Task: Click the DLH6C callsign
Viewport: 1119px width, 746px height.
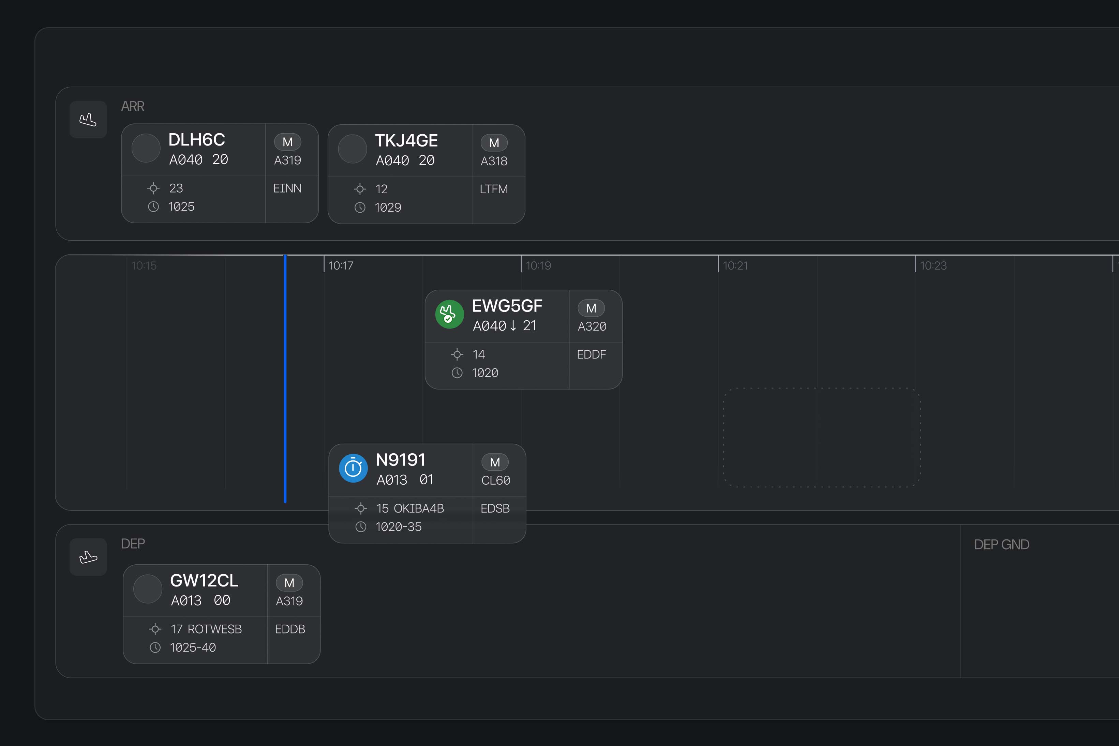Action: [x=197, y=140]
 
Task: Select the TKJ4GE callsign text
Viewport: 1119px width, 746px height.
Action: [x=406, y=141]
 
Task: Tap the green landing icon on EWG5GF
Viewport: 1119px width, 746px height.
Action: [x=449, y=314]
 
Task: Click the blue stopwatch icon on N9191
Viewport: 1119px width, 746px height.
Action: [x=353, y=468]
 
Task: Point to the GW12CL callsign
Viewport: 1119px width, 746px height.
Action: [x=204, y=581]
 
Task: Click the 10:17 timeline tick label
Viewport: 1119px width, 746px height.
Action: [x=341, y=265]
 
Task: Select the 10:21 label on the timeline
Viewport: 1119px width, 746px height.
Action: [x=735, y=265]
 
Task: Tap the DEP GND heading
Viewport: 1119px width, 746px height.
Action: [x=1001, y=544]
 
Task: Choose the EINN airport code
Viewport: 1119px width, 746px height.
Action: [x=287, y=188]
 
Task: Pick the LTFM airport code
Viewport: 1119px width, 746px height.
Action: [x=494, y=189]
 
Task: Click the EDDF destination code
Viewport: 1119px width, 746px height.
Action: [x=591, y=354]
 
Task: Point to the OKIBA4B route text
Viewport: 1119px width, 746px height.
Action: [x=419, y=508]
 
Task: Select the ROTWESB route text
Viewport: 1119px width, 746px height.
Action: [x=215, y=629]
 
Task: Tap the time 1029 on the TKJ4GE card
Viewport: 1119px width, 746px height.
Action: [x=388, y=208]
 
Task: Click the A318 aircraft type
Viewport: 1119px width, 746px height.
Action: [x=494, y=161]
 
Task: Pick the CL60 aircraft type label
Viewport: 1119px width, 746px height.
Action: [x=495, y=481]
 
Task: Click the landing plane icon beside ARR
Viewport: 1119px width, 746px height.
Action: [x=88, y=119]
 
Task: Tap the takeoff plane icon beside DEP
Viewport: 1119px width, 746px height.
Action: [x=88, y=557]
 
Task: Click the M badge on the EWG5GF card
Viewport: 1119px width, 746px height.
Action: [x=591, y=308]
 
